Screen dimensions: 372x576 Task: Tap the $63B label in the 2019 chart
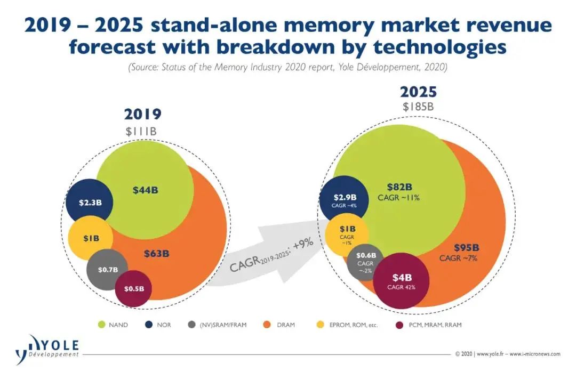[157, 254]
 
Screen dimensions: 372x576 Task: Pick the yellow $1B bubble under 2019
[91, 238]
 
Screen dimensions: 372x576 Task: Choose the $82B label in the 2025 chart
[398, 188]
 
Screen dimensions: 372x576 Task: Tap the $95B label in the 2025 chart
[466, 248]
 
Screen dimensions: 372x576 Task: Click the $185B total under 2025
[419, 107]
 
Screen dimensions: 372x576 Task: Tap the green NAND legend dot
[101, 325]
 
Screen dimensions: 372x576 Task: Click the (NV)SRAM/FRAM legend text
[223, 325]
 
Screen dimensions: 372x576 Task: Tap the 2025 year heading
[419, 92]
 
